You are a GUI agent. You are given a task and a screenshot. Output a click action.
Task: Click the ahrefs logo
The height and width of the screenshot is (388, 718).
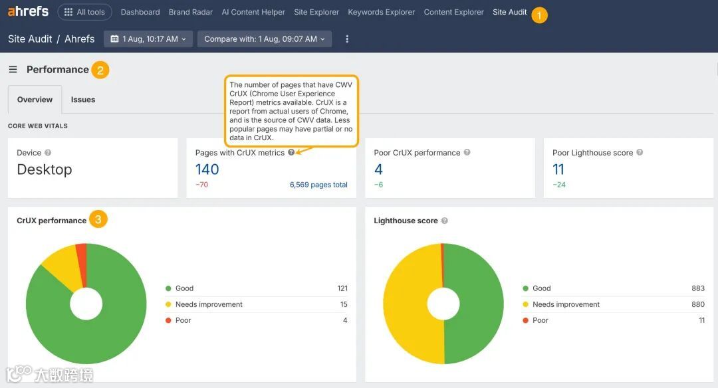tap(28, 12)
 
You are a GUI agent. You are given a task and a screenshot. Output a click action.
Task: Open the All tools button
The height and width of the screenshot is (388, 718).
tap(84, 12)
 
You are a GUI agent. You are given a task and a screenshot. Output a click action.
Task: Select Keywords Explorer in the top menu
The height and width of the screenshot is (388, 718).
tap(381, 12)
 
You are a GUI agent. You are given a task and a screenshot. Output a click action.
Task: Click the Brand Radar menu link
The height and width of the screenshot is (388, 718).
tap(191, 12)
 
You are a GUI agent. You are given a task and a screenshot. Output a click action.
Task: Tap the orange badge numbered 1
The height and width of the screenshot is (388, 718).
tap(539, 15)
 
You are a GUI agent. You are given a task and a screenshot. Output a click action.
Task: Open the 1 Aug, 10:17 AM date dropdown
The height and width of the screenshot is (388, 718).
tap(148, 39)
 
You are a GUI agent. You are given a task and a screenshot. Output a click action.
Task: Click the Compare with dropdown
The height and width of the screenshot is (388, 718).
tap(264, 39)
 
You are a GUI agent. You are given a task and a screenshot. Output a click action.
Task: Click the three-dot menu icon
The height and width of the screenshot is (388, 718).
tap(347, 39)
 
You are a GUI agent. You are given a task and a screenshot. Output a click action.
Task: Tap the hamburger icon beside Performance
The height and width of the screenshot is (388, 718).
tap(13, 70)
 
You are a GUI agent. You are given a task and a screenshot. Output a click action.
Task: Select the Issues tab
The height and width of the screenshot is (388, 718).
tap(83, 100)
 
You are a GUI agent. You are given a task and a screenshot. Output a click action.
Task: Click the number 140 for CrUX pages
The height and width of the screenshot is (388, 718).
tap(207, 169)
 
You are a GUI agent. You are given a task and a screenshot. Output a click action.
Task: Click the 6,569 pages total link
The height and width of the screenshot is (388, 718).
tap(318, 185)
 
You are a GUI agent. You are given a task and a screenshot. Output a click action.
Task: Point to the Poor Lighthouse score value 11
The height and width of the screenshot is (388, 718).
tap(558, 169)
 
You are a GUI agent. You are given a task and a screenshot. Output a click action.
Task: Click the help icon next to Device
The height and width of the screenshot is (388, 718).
tap(48, 153)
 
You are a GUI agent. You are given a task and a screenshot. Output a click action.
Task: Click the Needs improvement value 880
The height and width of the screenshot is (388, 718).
tap(697, 304)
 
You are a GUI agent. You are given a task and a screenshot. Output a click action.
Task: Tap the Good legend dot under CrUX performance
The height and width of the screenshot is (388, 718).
tap(168, 288)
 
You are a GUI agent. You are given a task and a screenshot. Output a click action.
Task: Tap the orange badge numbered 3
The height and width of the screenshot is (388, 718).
tap(98, 219)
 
